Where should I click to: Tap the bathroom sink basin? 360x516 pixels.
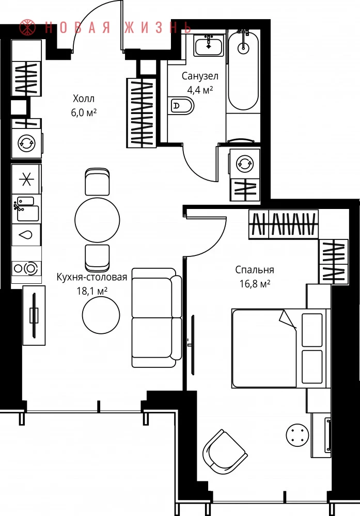(x=209, y=46)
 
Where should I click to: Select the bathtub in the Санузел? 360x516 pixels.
(x=243, y=71)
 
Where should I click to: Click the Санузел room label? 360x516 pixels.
(x=200, y=76)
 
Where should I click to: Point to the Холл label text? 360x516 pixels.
(x=84, y=99)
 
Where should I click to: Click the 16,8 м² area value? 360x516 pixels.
(x=255, y=283)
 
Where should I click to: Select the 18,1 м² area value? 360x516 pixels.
(x=92, y=291)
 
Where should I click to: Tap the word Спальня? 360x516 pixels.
(x=255, y=270)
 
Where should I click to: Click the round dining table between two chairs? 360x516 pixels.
(x=97, y=220)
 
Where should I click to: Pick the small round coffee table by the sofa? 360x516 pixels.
(x=101, y=315)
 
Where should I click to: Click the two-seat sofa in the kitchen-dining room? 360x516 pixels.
(x=157, y=317)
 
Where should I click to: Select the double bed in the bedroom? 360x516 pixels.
(x=281, y=348)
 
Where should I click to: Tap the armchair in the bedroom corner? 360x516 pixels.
(x=225, y=451)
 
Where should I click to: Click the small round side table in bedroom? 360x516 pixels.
(x=298, y=434)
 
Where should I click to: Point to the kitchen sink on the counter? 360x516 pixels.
(x=26, y=209)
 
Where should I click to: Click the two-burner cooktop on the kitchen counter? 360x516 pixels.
(x=27, y=268)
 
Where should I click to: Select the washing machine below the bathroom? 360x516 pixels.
(x=245, y=163)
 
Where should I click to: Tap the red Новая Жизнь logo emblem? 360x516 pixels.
(x=27, y=28)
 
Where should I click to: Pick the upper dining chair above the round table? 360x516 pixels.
(x=97, y=182)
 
